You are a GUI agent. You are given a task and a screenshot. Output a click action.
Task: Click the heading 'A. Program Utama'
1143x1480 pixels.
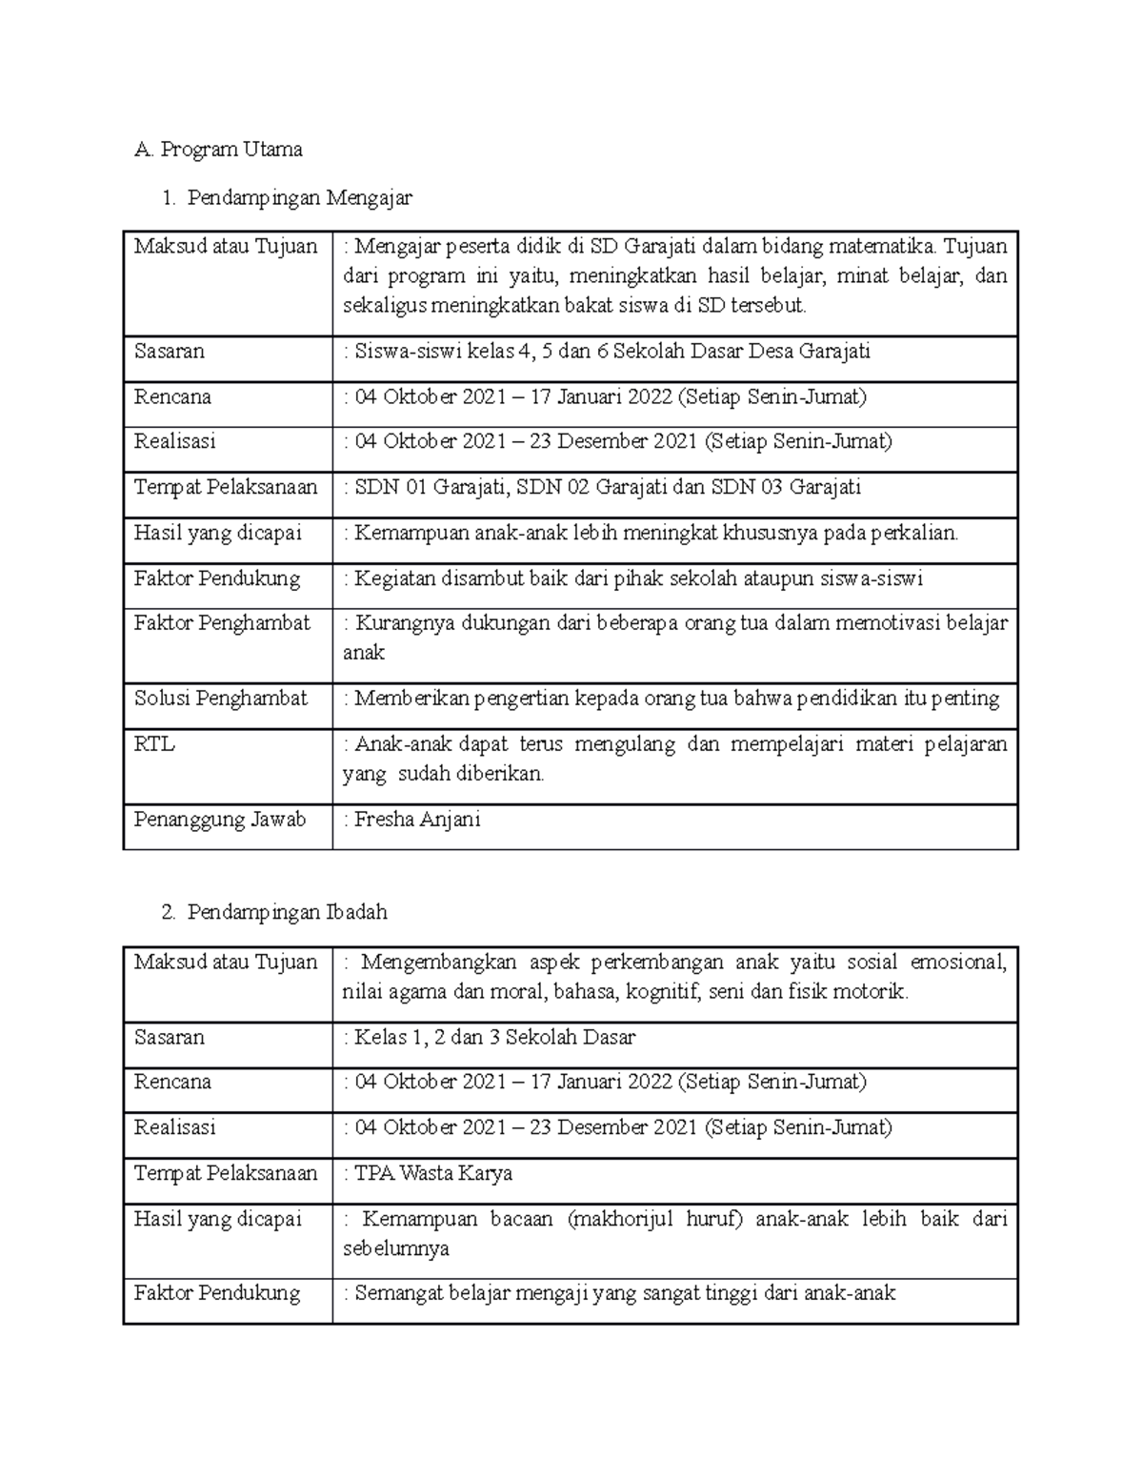(x=219, y=150)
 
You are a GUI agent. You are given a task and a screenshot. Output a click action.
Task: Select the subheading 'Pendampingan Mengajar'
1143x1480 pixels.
(x=299, y=198)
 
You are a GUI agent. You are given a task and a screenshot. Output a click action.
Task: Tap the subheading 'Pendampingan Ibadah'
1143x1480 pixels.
(x=287, y=912)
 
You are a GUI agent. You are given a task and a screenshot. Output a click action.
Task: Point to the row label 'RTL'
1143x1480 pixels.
(x=154, y=744)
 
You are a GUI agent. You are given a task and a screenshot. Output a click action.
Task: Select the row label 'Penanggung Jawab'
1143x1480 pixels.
(x=219, y=820)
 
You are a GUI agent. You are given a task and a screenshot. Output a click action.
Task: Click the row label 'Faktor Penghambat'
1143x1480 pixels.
(x=222, y=623)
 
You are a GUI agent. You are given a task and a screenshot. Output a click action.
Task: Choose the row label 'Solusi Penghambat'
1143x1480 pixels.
(x=220, y=699)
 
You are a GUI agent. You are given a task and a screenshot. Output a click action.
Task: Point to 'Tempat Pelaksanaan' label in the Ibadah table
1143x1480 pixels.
(x=225, y=1173)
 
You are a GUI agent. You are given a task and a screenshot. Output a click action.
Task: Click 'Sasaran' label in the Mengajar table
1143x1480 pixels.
(x=169, y=352)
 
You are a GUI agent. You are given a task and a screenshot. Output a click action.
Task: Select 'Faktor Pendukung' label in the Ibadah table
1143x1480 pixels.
(x=217, y=1293)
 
